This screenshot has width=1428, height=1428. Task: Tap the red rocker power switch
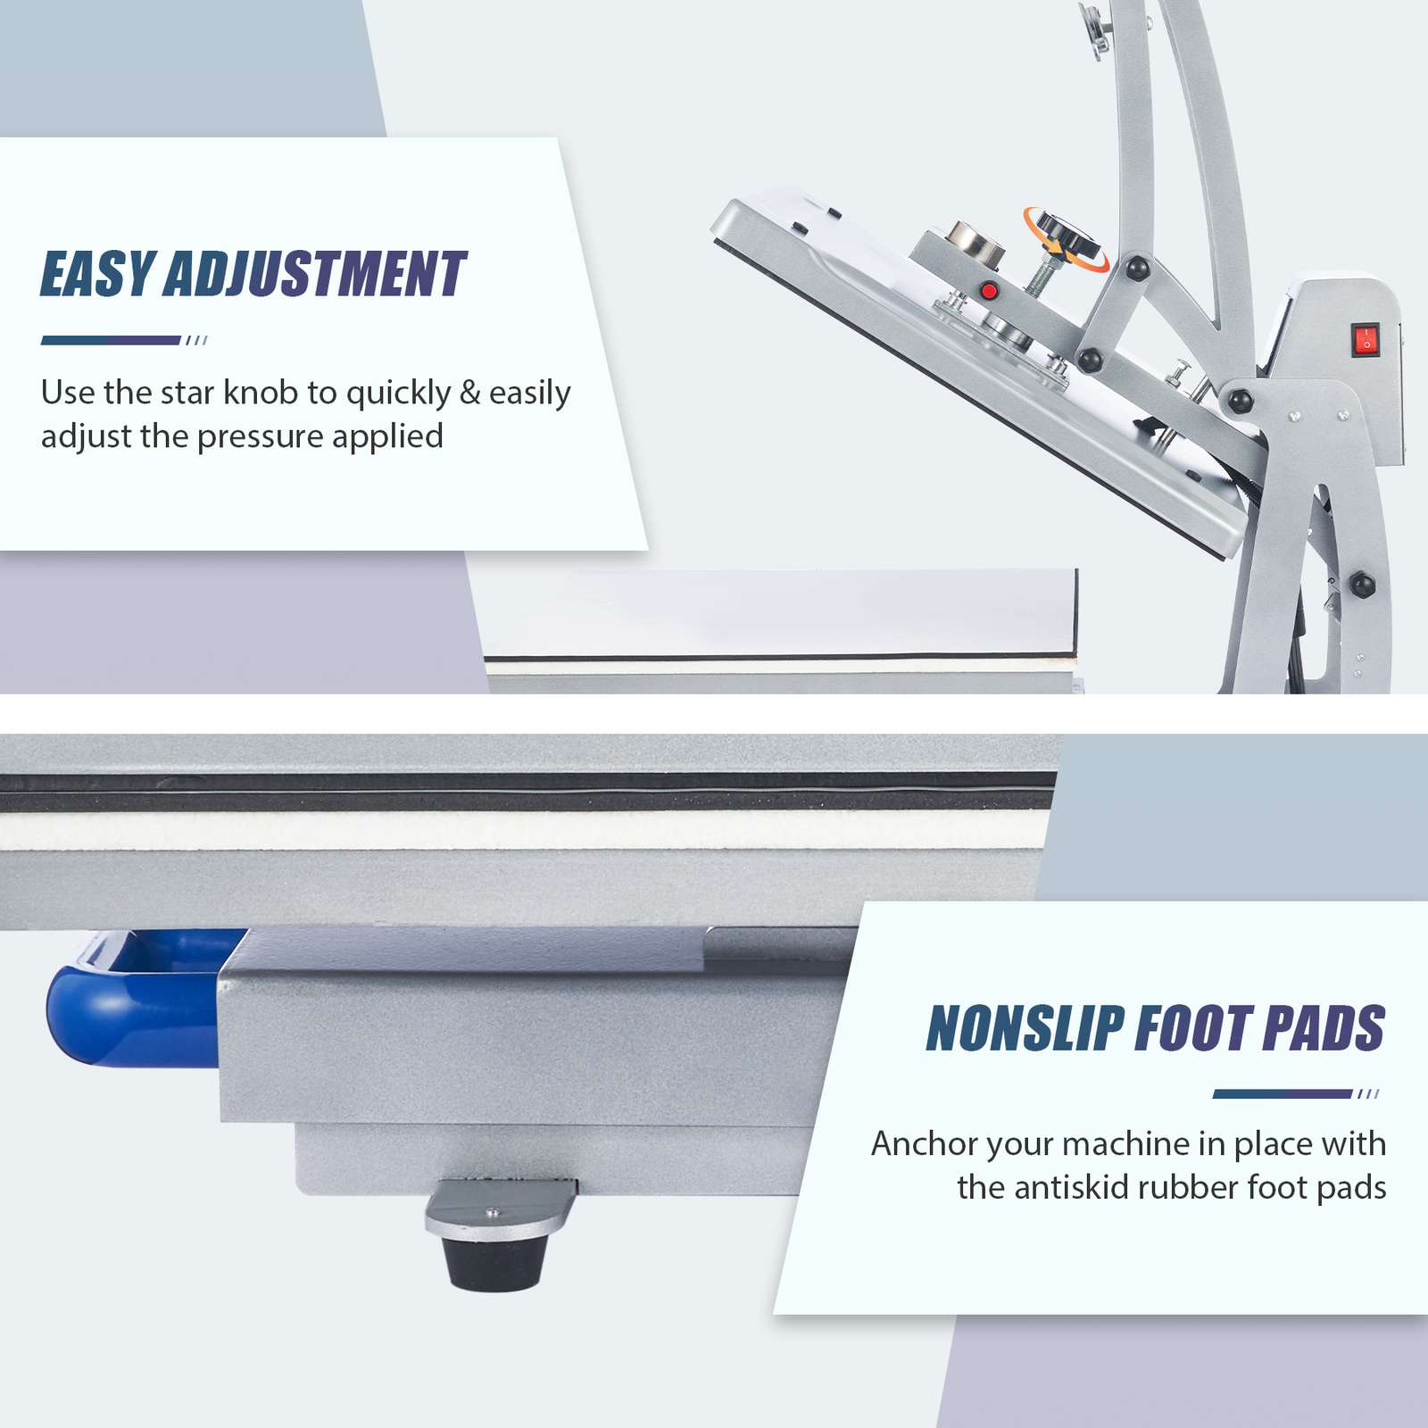pyautogui.click(x=1365, y=340)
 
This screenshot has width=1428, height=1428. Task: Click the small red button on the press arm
pyautogui.click(x=988, y=290)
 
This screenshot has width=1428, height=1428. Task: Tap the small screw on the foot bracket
pyautogui.click(x=490, y=1212)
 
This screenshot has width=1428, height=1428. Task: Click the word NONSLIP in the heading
pyautogui.click(x=1025, y=1028)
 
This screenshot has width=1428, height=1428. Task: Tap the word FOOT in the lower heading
pyautogui.click(x=1193, y=1028)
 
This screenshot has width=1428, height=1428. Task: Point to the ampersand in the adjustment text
pyautogui.click(x=469, y=393)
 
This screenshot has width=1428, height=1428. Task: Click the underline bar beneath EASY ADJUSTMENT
pyautogui.click(x=112, y=340)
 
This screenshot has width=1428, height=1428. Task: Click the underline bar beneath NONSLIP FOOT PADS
pyautogui.click(x=1282, y=1094)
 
